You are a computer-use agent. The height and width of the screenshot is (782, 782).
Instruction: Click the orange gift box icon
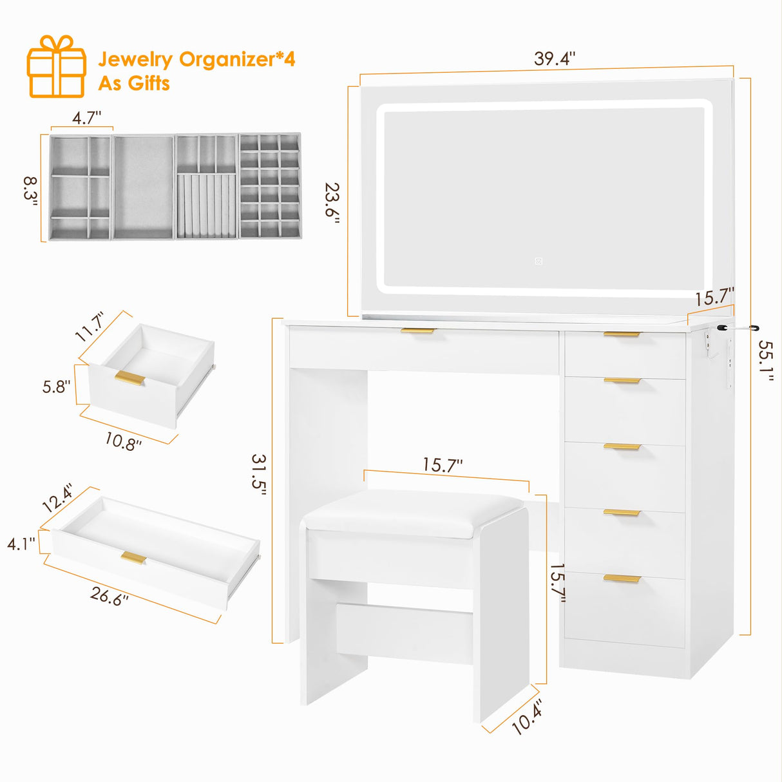[x=57, y=67]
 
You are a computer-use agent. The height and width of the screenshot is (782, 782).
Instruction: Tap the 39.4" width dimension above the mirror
[x=554, y=59]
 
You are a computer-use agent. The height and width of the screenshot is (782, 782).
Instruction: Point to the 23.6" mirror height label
[x=332, y=202]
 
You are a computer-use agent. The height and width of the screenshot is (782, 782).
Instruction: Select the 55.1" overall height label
[x=765, y=361]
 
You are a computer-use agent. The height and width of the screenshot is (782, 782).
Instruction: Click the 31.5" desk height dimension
[x=259, y=474]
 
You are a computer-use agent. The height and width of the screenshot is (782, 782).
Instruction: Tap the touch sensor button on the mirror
[x=538, y=261]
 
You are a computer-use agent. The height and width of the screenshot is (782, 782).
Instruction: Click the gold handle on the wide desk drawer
[x=418, y=331]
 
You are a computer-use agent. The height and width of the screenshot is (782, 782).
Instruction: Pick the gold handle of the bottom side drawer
[x=622, y=578]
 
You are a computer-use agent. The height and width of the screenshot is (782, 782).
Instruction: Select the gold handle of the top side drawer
[x=622, y=334]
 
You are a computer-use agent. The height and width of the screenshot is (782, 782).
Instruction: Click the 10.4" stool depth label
[x=527, y=717]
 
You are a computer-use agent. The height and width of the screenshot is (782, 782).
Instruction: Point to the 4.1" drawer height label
[x=21, y=544]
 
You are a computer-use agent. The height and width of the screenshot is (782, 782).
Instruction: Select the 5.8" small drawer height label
[x=56, y=386]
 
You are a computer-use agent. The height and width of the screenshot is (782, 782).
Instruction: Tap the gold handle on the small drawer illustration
[x=130, y=379]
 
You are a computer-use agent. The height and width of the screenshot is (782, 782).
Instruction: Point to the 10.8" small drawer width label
[x=123, y=441]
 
